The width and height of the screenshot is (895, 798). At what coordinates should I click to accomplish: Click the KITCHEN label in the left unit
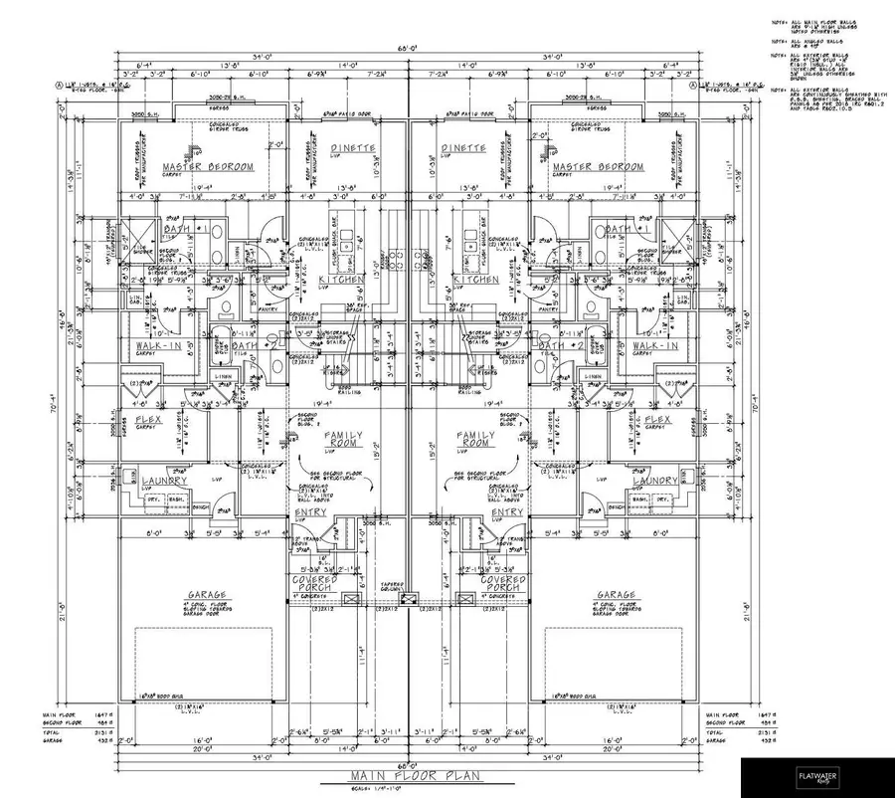click(x=340, y=281)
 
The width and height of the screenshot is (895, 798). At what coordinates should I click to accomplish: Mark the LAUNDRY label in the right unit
click(x=655, y=481)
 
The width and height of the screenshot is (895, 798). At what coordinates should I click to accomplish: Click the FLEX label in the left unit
click(x=149, y=420)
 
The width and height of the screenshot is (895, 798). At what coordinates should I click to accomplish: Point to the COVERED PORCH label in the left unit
click(x=314, y=584)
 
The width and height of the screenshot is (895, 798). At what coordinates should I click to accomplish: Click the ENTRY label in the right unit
click(x=507, y=512)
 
